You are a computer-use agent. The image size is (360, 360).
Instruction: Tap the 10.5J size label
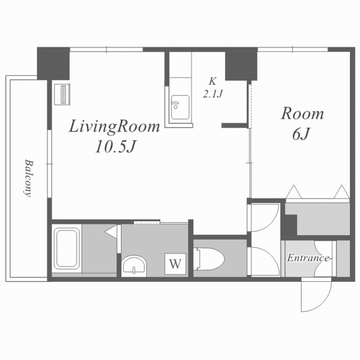tap(116, 147)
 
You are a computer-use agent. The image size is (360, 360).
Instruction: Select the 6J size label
tap(301, 134)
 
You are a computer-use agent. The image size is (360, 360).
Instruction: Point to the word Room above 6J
tap(303, 114)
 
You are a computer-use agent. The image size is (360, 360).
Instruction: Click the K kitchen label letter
tap(213, 82)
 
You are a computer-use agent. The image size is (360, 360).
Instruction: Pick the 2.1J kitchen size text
tap(213, 94)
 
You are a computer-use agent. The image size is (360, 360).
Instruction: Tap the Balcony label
tap(29, 178)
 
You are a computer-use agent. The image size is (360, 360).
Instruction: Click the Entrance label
tap(309, 258)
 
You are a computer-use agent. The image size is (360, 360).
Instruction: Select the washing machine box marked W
tap(175, 264)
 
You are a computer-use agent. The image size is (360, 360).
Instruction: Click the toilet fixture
tap(209, 259)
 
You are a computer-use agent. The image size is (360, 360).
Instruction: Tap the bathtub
tap(67, 248)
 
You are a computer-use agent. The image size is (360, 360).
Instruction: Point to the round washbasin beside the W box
tap(134, 265)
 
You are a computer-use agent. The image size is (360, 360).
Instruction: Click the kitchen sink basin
tap(180, 107)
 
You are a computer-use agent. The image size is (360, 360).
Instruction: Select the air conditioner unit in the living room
tap(62, 94)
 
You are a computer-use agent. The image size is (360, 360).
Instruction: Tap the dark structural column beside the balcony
tap(53, 64)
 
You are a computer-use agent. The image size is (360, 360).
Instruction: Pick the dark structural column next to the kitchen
tap(241, 64)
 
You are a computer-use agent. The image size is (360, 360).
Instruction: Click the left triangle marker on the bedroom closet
tap(294, 192)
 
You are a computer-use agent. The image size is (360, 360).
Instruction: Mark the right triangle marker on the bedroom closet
tap(342, 192)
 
